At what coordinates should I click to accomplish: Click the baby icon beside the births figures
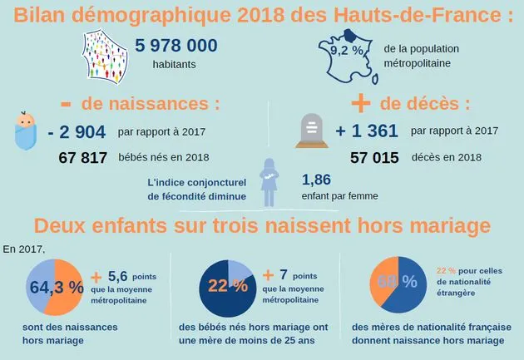[x=27, y=132]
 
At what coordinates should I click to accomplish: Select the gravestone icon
[x=311, y=131]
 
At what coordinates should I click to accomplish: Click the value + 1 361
[x=367, y=131]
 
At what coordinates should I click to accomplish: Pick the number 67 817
[x=83, y=158]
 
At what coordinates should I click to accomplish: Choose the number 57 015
[x=374, y=158]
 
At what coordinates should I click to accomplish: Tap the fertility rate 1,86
[x=316, y=179]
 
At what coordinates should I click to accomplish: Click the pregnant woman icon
[x=269, y=181]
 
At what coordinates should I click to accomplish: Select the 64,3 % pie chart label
[x=57, y=287]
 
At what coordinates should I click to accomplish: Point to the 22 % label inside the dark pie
[x=228, y=286]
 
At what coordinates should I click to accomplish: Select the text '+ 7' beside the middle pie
[x=276, y=275]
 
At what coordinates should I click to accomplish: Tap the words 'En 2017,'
[x=23, y=248]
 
